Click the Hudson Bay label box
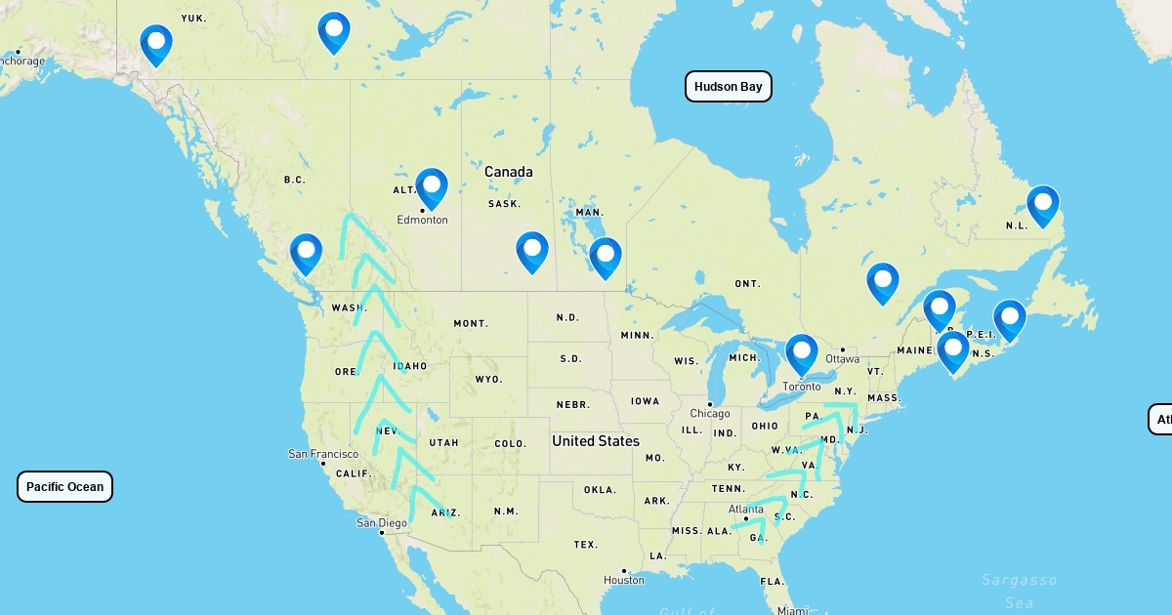click(x=728, y=87)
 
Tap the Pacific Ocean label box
click(x=64, y=486)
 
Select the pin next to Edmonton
click(x=431, y=186)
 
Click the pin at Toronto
click(x=801, y=352)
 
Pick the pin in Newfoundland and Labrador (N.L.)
click(x=1042, y=204)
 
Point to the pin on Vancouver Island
click(x=306, y=252)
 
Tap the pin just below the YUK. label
click(x=155, y=43)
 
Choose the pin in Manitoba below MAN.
click(x=605, y=256)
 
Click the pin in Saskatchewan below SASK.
click(x=531, y=250)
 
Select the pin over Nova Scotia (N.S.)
click(x=952, y=350)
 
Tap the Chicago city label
click(x=710, y=413)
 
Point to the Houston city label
click(x=624, y=580)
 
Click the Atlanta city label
click(x=746, y=509)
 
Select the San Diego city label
click(x=381, y=522)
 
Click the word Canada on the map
click(x=509, y=172)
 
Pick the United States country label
click(x=595, y=441)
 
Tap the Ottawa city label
click(x=842, y=358)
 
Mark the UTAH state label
click(x=443, y=442)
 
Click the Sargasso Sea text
click(x=1019, y=591)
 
